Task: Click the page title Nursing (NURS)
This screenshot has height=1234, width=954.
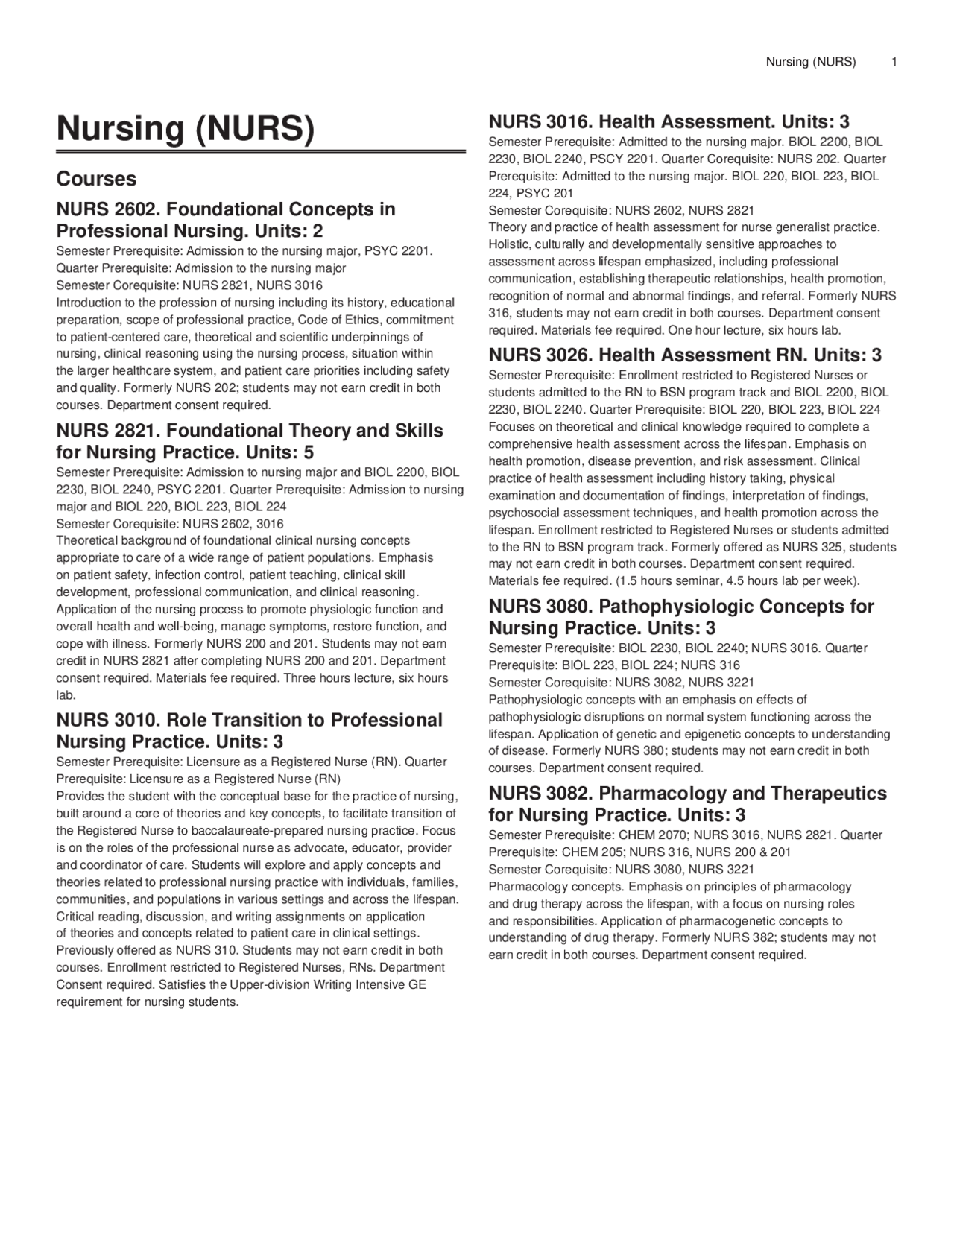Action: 186,128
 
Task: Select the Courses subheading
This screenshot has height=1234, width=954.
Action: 96,179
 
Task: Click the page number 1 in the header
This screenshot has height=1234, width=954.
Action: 894,62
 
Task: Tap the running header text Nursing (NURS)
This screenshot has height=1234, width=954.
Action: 810,62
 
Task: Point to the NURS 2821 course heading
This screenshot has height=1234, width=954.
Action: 250,441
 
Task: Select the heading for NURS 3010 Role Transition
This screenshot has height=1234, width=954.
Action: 250,730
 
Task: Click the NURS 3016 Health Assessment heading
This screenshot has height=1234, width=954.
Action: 669,121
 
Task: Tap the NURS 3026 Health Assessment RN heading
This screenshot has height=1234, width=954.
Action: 685,355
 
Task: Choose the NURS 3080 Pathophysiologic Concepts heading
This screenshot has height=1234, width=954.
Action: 680,616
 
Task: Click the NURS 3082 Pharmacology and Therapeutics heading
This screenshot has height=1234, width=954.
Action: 687,803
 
